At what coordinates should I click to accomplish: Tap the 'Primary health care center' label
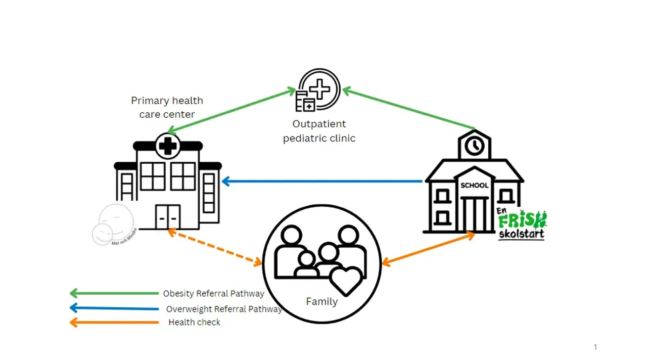point(167,107)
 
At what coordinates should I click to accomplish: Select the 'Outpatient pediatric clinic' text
point(319,131)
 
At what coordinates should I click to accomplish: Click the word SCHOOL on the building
point(474,186)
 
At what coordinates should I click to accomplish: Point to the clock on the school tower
point(474,146)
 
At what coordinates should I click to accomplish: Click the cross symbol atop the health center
point(168,146)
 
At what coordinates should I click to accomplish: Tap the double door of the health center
point(167,217)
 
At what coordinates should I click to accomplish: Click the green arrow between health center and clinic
point(232,112)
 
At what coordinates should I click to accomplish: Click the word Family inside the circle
point(321,302)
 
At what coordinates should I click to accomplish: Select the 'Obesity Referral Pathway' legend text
point(213,294)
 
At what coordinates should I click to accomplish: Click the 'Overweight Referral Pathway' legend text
point(224,309)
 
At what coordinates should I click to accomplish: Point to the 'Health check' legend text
point(194,322)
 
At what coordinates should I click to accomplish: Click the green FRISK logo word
point(522,220)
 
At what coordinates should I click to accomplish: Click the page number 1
point(595,347)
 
